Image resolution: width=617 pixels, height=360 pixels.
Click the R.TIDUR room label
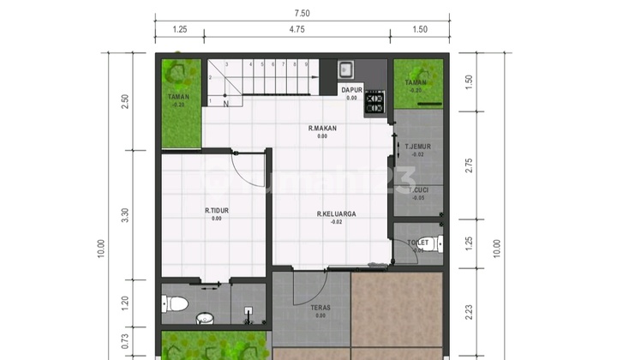216,209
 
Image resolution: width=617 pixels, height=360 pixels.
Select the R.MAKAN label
322,129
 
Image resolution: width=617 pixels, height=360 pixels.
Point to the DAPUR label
351,89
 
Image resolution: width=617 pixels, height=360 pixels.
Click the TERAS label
320,308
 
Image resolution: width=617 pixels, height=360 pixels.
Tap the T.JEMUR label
417,147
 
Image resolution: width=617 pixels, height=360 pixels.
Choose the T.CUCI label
417,189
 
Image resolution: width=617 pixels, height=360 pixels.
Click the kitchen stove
374,103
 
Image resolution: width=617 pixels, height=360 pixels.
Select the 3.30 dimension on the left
125,215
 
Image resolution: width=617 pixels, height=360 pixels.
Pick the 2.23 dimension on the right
469,310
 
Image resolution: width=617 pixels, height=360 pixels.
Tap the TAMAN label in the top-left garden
178,97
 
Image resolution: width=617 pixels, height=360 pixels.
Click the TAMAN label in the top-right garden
416,82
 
